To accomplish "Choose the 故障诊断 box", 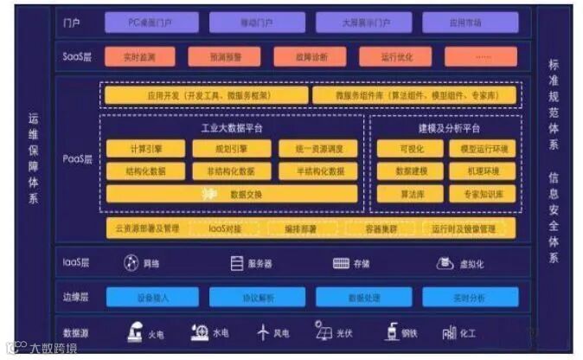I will coord(309,57).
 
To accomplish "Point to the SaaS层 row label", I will coord(73,57).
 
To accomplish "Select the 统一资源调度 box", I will coord(311,149).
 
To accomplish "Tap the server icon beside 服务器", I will coord(236,263).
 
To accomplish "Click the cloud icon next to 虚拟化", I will coord(445,263).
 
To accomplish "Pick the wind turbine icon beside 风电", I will coord(264,332).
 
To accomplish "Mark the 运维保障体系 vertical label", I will coord(34,160).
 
